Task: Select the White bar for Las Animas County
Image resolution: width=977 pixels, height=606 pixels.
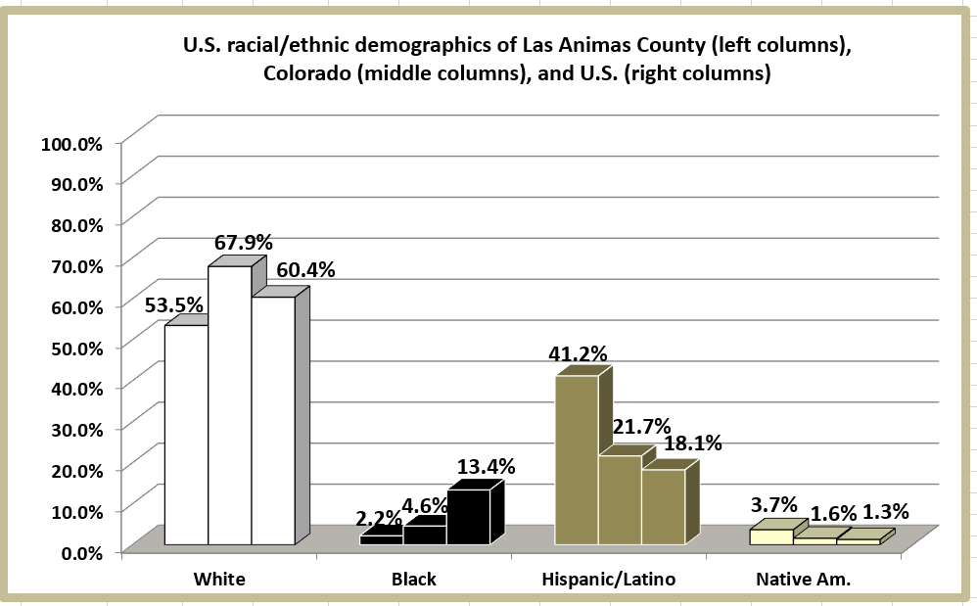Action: click(x=186, y=435)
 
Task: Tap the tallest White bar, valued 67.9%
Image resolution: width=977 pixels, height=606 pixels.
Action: click(x=230, y=405)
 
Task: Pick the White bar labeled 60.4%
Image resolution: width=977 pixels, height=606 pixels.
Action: click(x=273, y=421)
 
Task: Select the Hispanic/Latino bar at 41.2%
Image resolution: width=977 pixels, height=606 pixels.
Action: click(x=577, y=460)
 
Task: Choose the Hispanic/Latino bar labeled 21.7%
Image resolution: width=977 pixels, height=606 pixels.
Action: click(x=620, y=499)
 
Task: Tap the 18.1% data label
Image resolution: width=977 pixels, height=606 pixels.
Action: click(x=692, y=443)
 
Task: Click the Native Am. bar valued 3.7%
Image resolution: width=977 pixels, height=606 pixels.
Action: click(x=771, y=536)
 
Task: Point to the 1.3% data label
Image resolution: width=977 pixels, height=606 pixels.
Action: click(x=886, y=511)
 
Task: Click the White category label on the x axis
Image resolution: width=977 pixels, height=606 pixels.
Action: click(x=219, y=580)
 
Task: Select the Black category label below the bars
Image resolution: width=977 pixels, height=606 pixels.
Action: click(x=413, y=580)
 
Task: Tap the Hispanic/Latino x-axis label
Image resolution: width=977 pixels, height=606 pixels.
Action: click(x=608, y=580)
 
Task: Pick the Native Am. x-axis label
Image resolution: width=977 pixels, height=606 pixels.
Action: click(x=803, y=580)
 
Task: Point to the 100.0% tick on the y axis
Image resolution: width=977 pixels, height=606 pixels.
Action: click(x=71, y=143)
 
